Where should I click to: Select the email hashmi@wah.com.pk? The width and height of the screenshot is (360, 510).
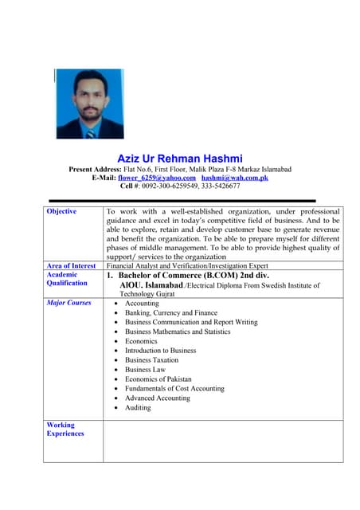(234, 177)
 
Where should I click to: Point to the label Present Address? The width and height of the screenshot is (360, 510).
(95, 169)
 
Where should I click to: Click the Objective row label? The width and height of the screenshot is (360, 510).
(61, 211)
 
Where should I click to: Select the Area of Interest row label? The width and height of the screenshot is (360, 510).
(72, 265)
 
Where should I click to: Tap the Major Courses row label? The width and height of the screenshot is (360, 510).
(69, 303)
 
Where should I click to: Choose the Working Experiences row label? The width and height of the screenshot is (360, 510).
(65, 430)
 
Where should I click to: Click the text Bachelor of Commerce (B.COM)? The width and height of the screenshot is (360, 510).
(178, 274)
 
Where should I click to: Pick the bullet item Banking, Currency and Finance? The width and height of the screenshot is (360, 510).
(170, 313)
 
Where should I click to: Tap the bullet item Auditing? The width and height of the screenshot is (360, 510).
(138, 407)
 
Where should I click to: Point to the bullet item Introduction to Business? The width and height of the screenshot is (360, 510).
(160, 351)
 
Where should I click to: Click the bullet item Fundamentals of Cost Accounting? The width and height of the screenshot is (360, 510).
(174, 388)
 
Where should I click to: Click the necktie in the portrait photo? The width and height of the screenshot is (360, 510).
(90, 132)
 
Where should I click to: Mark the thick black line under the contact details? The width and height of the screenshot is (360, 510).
(182, 200)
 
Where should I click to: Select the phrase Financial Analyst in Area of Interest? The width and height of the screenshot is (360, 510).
(133, 265)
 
